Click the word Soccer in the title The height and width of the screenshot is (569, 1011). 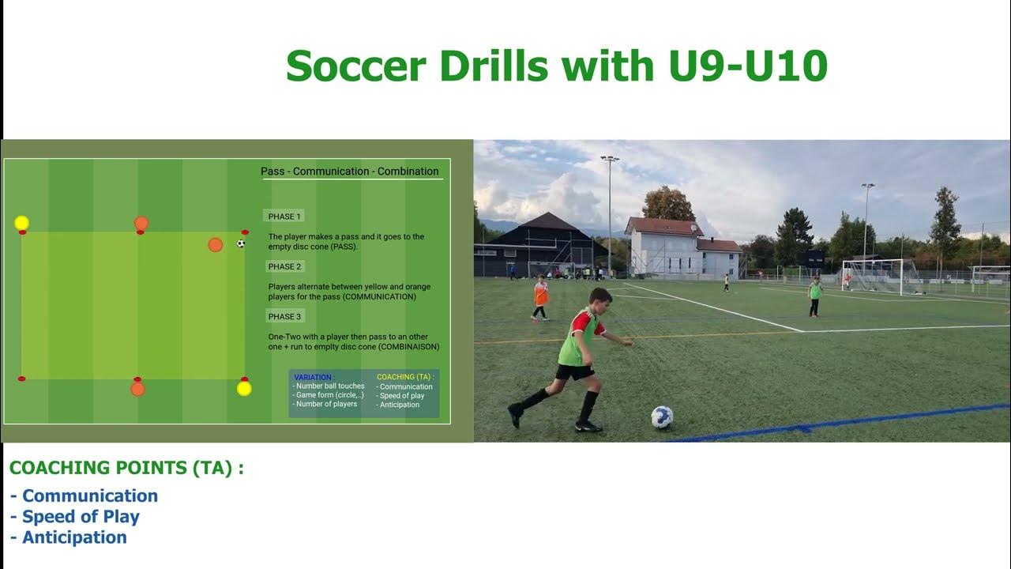355,66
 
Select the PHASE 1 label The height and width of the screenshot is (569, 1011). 284,217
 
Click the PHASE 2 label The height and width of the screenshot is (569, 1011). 284,266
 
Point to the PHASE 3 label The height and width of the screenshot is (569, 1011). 284,317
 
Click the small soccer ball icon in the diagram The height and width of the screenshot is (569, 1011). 241,243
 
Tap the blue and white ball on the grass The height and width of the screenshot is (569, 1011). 662,416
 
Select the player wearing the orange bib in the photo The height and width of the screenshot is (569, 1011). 540,296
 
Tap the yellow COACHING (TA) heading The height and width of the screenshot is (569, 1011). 404,377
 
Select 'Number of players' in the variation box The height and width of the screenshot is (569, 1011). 325,404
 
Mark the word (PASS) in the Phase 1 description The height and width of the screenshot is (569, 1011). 344,247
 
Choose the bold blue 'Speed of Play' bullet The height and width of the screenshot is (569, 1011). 81,517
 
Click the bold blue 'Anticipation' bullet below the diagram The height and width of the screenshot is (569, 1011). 74,537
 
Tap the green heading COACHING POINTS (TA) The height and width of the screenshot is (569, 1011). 126,468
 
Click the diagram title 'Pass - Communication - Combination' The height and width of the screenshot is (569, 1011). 350,171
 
